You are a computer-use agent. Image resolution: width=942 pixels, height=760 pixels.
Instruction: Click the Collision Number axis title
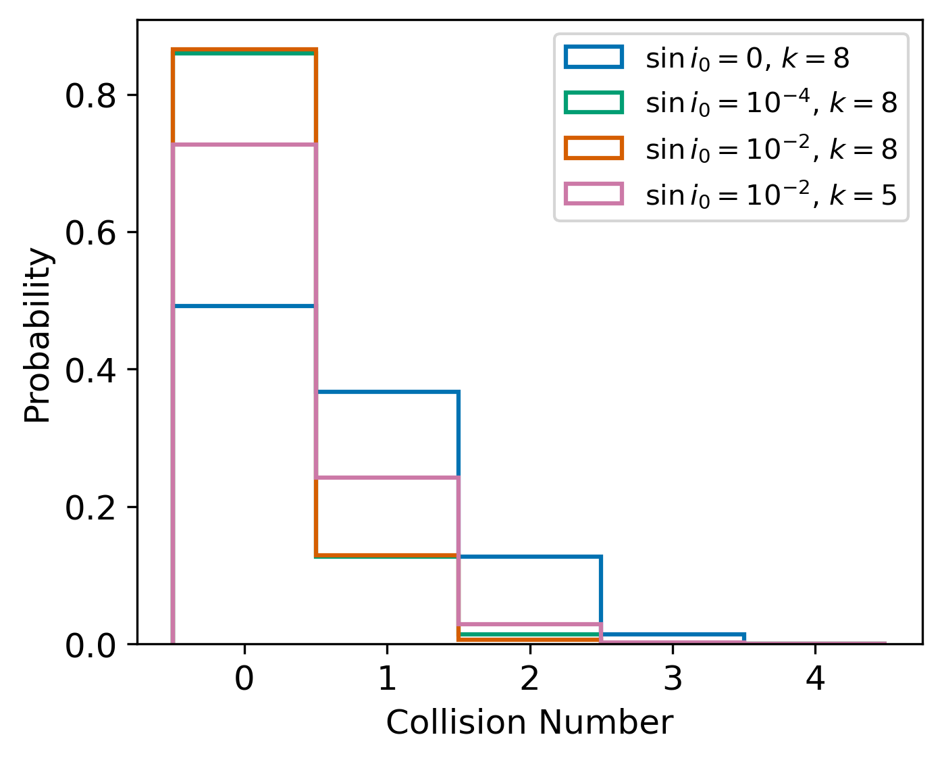coord(529,723)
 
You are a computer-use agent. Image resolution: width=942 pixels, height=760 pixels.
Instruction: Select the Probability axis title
coord(38,336)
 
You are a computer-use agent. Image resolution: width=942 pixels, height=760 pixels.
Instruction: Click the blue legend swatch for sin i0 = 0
coord(594,57)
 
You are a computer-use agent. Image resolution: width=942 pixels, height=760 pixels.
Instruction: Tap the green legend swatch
coord(594,103)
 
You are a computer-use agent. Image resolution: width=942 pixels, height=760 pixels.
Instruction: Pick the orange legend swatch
coord(594,148)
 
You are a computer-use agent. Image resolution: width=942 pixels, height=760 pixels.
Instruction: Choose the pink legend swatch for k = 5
coord(594,194)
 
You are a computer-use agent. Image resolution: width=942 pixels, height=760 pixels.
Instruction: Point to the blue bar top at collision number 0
coord(244,306)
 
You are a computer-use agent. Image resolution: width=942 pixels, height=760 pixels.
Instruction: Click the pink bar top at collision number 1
coord(387,478)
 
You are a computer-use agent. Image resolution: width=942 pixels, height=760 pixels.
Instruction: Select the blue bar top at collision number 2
coord(529,557)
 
